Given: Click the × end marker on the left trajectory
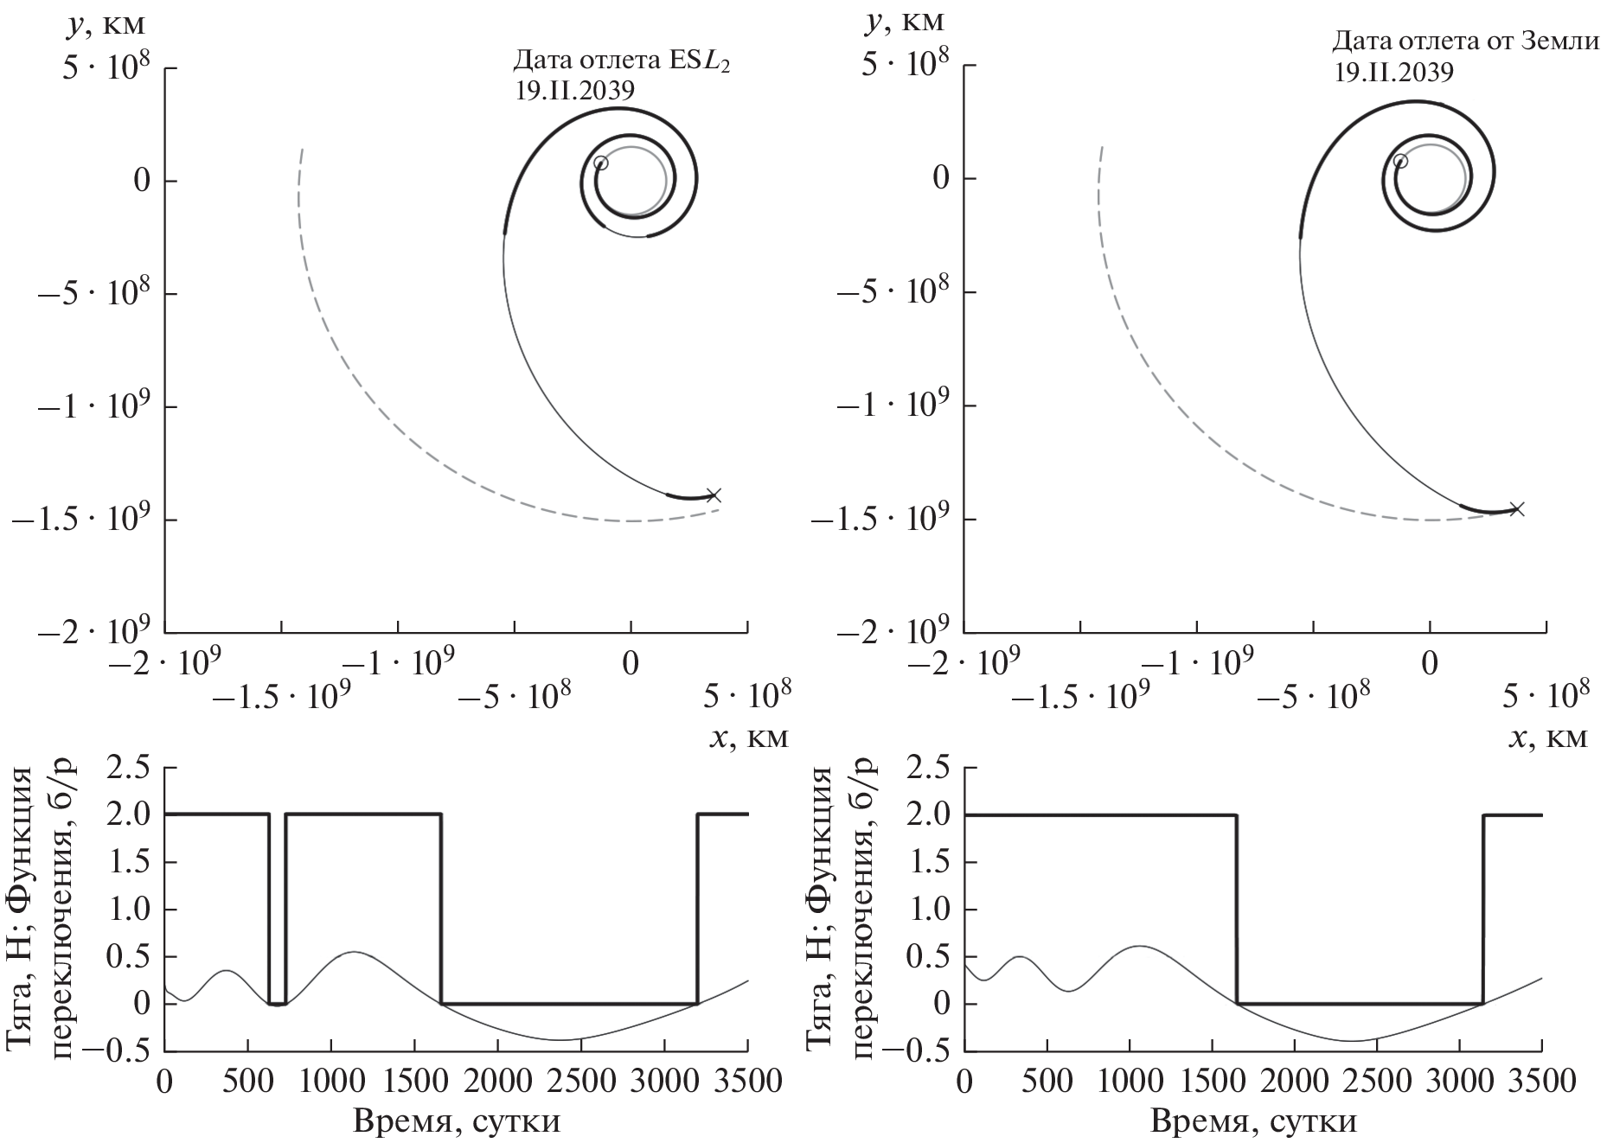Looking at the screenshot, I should pyautogui.click(x=714, y=495).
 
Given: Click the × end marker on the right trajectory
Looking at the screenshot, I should pyautogui.click(x=1516, y=508).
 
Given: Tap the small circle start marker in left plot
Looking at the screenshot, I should pyautogui.click(x=601, y=163).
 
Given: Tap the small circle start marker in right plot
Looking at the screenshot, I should pyautogui.click(x=1400, y=161).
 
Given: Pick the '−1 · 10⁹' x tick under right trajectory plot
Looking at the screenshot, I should pyautogui.click(x=1197, y=663).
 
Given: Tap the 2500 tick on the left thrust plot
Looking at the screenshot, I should pyautogui.click(x=580, y=1082).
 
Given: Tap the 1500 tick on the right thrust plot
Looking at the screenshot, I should pyautogui.click(x=1213, y=1082).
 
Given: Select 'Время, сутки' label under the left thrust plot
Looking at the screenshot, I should pyautogui.click(x=456, y=1121).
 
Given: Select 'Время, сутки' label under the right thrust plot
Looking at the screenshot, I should pyautogui.click(x=1253, y=1121).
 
